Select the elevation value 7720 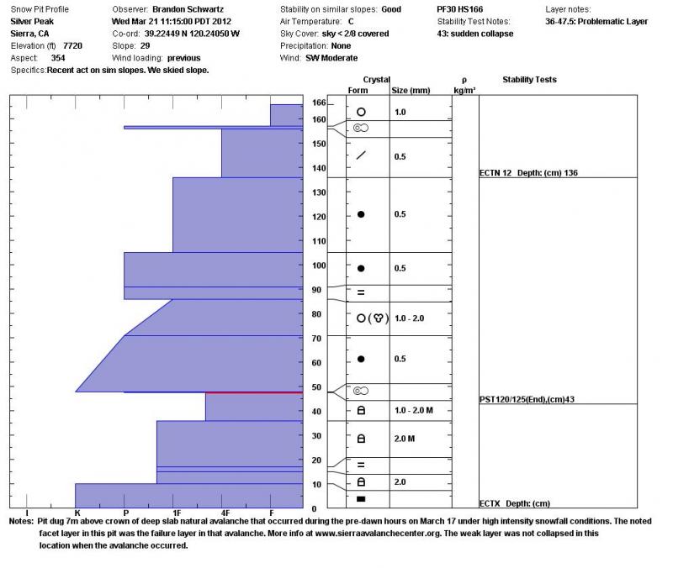pos(73,45)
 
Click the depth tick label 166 pos(319,102)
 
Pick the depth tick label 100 pos(319,266)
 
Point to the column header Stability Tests pos(529,80)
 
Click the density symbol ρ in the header pos(464,79)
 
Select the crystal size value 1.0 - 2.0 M pos(414,409)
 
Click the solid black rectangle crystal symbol pos(361,499)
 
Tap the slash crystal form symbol pos(361,155)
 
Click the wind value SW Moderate pos(331,58)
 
